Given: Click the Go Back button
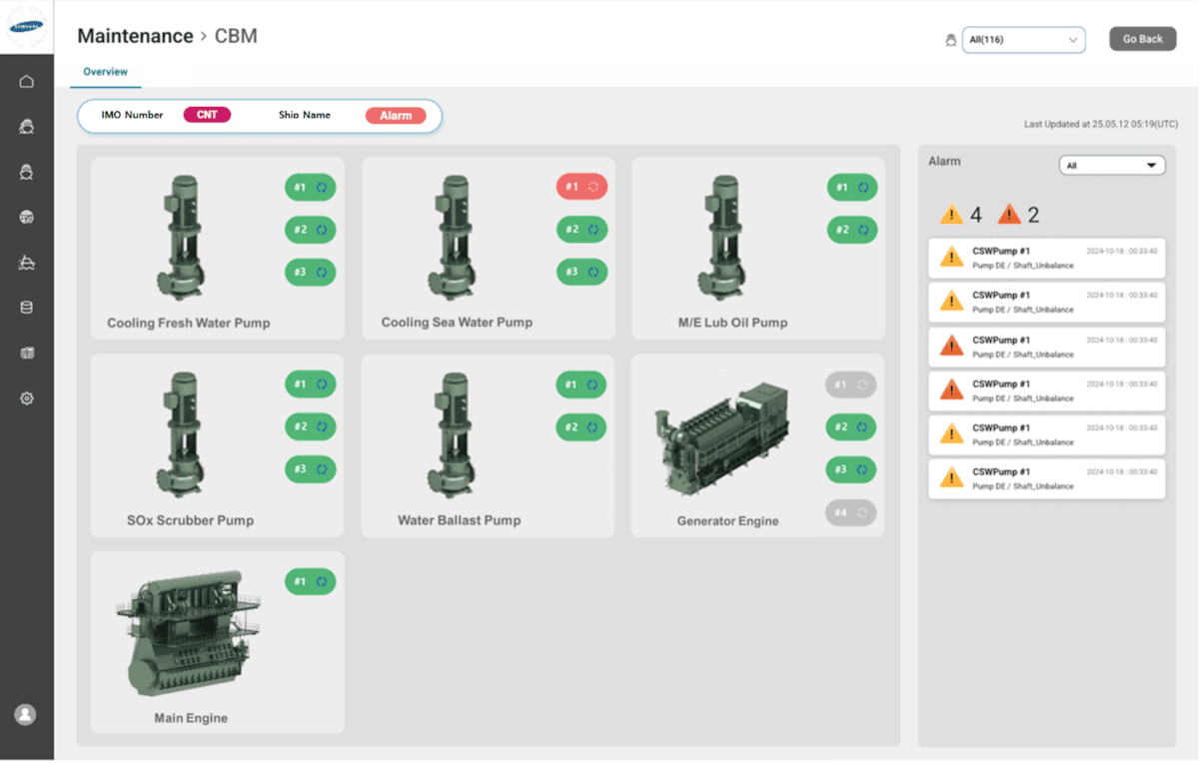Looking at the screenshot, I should [1142, 39].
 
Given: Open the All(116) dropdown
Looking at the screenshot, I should [1023, 40].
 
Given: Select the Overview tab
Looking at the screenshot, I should [105, 72].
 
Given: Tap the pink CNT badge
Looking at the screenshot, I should [207, 115].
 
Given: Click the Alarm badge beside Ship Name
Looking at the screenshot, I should [396, 116].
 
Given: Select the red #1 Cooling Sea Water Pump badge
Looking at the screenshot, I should [582, 187].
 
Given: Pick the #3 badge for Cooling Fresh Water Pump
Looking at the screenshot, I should [310, 272].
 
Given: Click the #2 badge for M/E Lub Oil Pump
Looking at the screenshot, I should [851, 230].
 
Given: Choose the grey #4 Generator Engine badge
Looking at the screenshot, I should [850, 512].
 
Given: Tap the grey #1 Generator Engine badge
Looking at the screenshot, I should [850, 384].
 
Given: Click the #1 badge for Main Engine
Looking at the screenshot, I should [310, 581].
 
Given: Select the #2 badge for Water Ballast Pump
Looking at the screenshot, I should [581, 427].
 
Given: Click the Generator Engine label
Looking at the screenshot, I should [727, 521].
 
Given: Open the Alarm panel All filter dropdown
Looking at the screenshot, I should [1111, 166].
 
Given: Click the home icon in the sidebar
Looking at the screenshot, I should [27, 82].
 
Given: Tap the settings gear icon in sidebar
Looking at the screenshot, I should [27, 398].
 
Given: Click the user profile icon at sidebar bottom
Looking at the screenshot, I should [26, 714].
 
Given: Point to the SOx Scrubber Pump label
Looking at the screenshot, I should [190, 520].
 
